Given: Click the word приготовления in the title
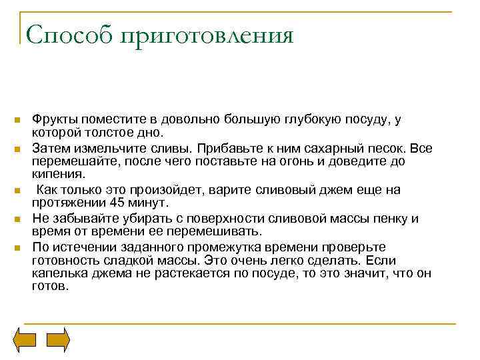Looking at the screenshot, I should click(207, 35).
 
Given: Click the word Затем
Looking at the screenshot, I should click(49, 148).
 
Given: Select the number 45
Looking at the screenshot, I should click(120, 203).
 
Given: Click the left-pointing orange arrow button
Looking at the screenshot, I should click(26, 340).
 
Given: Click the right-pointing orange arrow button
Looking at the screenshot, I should click(57, 340).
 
